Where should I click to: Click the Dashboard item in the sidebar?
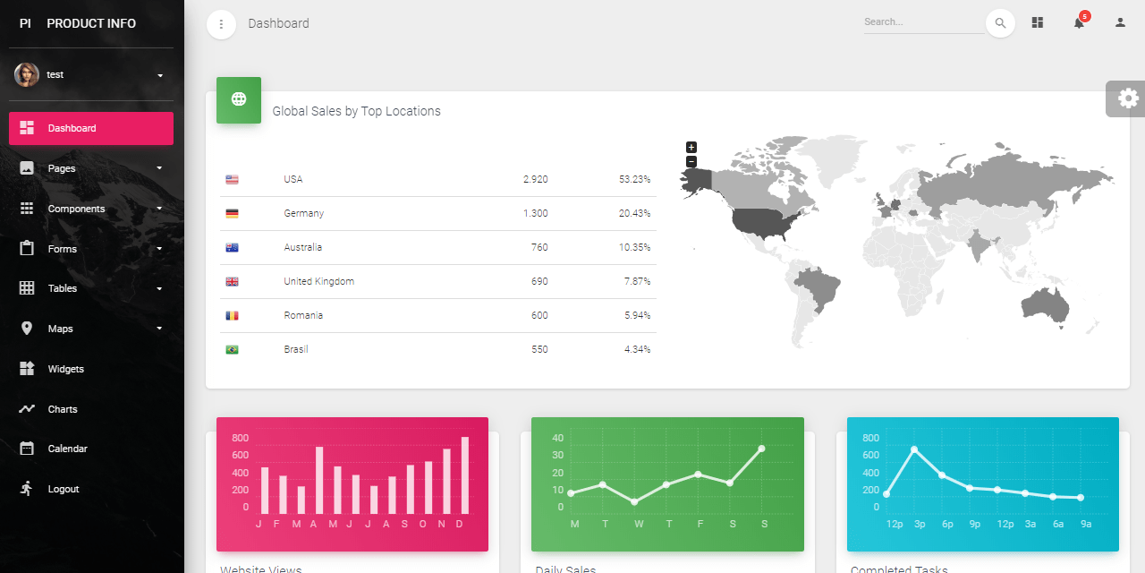pyautogui.click(x=90, y=128)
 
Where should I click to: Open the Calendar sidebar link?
pyautogui.click(x=67, y=449)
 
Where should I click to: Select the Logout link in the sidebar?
pyautogui.click(x=63, y=489)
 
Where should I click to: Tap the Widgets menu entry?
pyautogui.click(x=65, y=369)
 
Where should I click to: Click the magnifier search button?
pyautogui.click(x=1000, y=23)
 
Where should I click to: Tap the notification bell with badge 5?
pyautogui.click(x=1079, y=22)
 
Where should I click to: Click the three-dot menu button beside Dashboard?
pyautogui.click(x=221, y=24)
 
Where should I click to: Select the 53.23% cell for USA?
pyautogui.click(x=634, y=179)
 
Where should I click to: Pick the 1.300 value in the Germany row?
pyautogui.click(x=535, y=213)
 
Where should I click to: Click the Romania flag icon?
pyautogui.click(x=233, y=315)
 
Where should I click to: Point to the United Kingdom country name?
pyautogui.click(x=318, y=281)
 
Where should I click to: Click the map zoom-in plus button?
pyautogui.click(x=691, y=147)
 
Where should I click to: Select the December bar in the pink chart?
pyautogui.click(x=464, y=475)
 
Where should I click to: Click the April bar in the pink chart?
pyautogui.click(x=319, y=480)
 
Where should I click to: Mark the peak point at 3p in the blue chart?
pyautogui.click(x=914, y=449)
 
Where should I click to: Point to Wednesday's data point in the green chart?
pyautogui.click(x=634, y=501)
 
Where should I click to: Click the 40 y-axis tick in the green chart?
pyautogui.click(x=557, y=438)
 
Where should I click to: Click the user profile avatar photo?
pyautogui.click(x=27, y=74)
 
